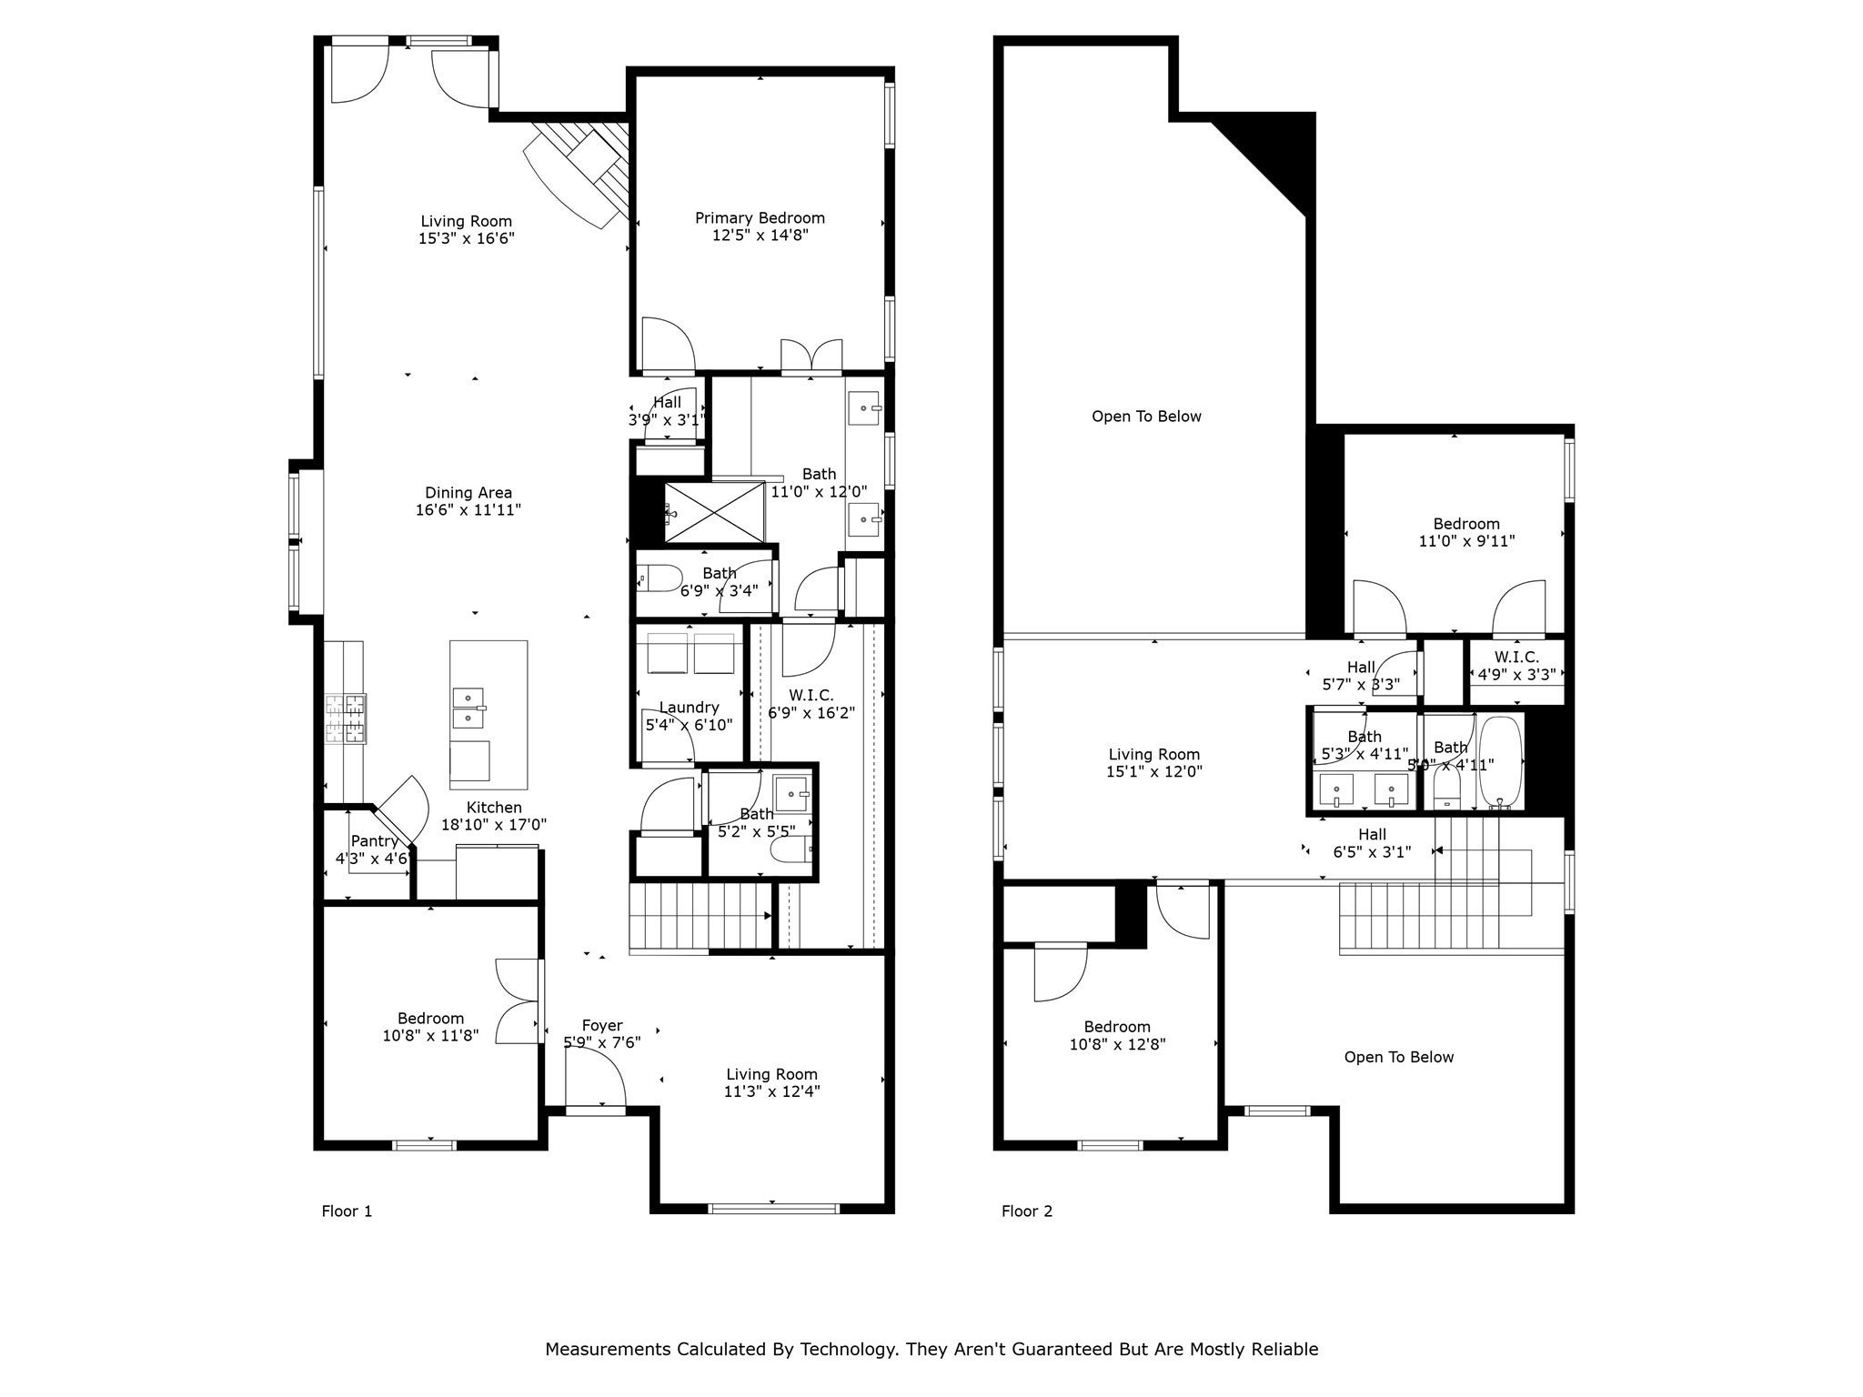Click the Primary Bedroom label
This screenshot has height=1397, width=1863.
pos(760,218)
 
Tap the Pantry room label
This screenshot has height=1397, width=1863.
pos(374,841)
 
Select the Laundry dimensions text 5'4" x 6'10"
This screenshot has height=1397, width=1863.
pos(689,726)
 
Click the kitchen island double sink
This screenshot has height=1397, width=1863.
pos(468,708)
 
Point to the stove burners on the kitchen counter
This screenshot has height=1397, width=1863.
pos(346,719)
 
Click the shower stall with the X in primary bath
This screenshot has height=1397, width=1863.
pos(714,512)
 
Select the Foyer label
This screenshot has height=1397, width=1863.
pos(602,1026)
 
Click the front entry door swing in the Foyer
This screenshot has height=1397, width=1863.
pos(596,1078)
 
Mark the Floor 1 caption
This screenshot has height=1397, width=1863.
pos(347,1211)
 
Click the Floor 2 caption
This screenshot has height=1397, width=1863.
pos(1027,1211)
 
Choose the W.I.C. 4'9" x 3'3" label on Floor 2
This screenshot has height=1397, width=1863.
pos(1516,675)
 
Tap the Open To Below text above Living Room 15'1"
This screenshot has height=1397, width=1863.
pos(1146,417)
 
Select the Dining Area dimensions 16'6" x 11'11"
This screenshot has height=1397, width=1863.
pos(468,510)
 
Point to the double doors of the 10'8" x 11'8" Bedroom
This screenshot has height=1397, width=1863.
pos(519,1000)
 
